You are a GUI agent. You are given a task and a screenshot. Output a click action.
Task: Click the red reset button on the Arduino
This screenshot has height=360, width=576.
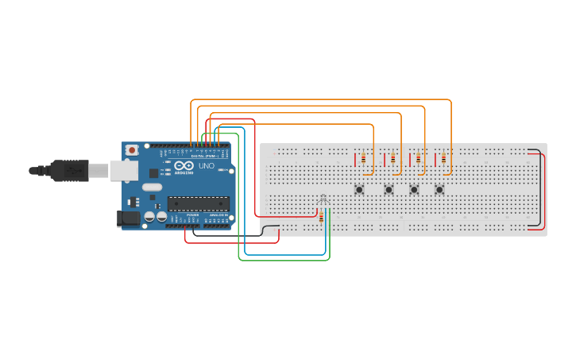pos(132,149)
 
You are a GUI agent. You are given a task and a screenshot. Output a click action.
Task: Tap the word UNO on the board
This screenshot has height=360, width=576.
pos(206,176)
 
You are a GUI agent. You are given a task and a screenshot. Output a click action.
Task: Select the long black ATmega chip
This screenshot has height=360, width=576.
pos(198,203)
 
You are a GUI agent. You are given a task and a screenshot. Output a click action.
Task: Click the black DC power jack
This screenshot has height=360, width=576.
pos(128,218)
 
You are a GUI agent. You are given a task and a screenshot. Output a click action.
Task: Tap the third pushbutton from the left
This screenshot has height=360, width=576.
pos(413,189)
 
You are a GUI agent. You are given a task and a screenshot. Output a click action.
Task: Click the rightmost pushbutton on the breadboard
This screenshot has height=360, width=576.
pos(439,189)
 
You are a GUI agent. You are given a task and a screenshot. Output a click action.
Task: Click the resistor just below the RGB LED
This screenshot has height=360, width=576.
pos(321,217)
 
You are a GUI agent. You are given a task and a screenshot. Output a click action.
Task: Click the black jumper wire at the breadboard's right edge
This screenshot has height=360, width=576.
pos(542,191)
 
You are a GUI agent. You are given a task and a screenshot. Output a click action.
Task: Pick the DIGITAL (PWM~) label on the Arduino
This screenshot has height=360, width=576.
pos(205,156)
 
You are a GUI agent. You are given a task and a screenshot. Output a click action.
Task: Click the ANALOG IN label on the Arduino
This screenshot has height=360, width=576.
pos(218,215)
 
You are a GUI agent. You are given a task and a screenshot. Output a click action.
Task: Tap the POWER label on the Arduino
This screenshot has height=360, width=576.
pos(192,215)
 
